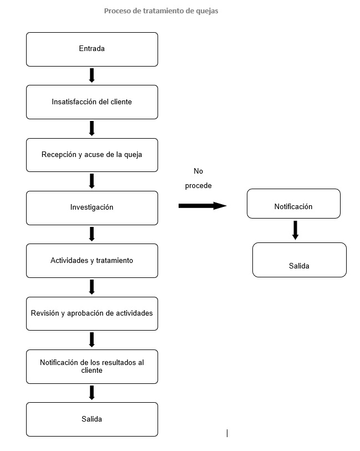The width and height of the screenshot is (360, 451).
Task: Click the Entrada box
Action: click(x=92, y=49)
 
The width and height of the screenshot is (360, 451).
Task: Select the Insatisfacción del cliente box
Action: click(x=92, y=102)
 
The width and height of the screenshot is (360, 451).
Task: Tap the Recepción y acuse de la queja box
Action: click(x=92, y=155)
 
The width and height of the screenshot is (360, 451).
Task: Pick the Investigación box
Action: click(x=92, y=208)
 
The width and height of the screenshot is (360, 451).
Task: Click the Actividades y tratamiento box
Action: click(x=92, y=261)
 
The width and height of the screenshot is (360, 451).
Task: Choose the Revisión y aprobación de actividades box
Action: click(x=92, y=314)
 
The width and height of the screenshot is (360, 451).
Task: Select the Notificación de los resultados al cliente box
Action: click(x=92, y=367)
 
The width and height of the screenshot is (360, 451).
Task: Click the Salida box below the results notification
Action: click(x=92, y=419)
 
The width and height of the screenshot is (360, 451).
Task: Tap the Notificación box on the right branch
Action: click(x=293, y=204)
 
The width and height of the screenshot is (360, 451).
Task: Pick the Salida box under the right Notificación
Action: click(x=300, y=260)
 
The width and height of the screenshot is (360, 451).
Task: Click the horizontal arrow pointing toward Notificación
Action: click(x=202, y=206)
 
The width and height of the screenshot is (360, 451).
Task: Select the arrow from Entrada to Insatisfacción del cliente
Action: click(x=92, y=75)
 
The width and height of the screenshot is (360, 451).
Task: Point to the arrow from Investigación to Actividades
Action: click(x=92, y=234)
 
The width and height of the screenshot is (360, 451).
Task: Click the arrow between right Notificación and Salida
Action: click(x=295, y=230)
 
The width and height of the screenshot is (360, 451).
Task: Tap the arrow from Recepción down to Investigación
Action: click(x=92, y=181)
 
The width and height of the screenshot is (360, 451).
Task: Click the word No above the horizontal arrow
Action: click(x=199, y=171)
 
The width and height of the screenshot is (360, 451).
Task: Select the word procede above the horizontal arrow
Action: click(x=199, y=186)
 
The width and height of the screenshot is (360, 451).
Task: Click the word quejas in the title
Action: click(x=207, y=11)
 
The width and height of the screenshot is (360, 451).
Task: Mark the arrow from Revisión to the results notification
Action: click(x=92, y=340)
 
